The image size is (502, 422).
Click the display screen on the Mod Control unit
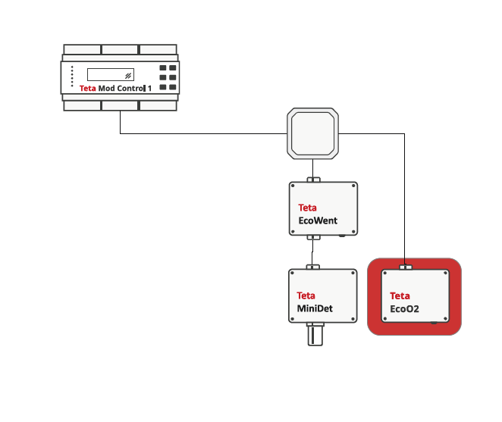(x=111, y=74)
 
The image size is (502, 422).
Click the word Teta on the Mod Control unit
(x=87, y=89)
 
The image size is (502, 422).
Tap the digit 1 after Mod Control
(x=149, y=89)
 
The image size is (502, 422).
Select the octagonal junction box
(x=312, y=133)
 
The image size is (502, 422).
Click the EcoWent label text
(x=318, y=220)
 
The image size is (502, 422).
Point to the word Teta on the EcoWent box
(x=307, y=208)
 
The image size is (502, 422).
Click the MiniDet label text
(x=315, y=308)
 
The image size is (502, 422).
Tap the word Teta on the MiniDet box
(x=306, y=295)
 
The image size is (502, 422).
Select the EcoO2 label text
(x=404, y=309)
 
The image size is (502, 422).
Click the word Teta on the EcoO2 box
(x=400, y=295)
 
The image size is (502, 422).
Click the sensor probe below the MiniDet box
(x=315, y=334)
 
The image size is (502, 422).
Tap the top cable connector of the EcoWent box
(x=313, y=180)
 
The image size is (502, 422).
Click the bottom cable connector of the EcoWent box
(x=313, y=237)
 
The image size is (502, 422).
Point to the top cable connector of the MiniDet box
(x=312, y=267)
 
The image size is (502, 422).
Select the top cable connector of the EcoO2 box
(x=406, y=267)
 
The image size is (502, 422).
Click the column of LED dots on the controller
(x=72, y=77)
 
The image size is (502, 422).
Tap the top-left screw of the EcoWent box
(x=293, y=186)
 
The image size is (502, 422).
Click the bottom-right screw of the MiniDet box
(x=353, y=319)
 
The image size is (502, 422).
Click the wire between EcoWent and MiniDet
(x=312, y=252)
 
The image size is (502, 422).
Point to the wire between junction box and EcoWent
(x=312, y=168)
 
